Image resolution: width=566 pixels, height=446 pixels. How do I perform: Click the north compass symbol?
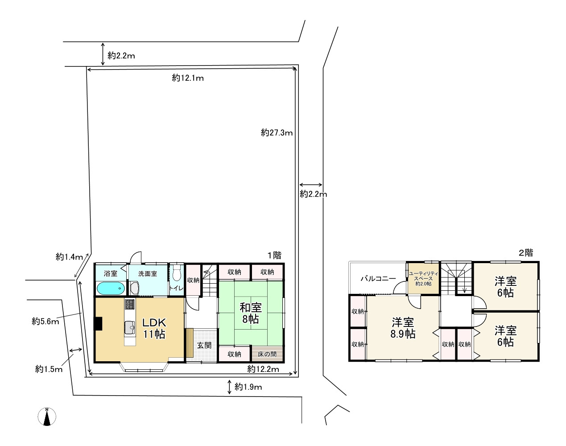[47, 417]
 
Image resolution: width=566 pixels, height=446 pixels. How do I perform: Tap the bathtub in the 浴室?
[111, 289]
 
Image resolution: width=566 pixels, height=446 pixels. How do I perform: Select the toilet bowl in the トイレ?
[177, 274]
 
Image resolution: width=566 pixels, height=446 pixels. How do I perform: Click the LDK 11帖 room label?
[154, 328]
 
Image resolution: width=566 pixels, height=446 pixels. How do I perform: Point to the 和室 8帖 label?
[250, 313]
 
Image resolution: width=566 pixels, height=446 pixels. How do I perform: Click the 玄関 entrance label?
[204, 345]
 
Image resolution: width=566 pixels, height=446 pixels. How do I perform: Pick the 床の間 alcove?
[267, 354]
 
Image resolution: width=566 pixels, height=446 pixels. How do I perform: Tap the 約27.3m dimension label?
[277, 132]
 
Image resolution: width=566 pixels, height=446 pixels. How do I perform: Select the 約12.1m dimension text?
[188, 78]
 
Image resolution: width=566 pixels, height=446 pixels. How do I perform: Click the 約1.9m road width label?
[248, 387]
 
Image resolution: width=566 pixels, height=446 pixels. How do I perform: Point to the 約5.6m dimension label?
[45, 322]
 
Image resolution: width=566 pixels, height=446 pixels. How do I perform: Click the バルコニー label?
[378, 278]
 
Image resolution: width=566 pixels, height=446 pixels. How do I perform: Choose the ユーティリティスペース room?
[423, 279]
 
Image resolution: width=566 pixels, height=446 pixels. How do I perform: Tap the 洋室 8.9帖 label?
[403, 328]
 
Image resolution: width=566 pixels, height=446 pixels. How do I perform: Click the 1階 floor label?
[274, 255]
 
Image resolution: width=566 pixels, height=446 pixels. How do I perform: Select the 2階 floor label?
[526, 253]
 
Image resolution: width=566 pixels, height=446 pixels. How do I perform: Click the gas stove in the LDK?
[129, 304]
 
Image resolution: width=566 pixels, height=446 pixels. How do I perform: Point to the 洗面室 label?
[148, 274]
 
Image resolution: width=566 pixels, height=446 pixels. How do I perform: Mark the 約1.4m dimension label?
[69, 256]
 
